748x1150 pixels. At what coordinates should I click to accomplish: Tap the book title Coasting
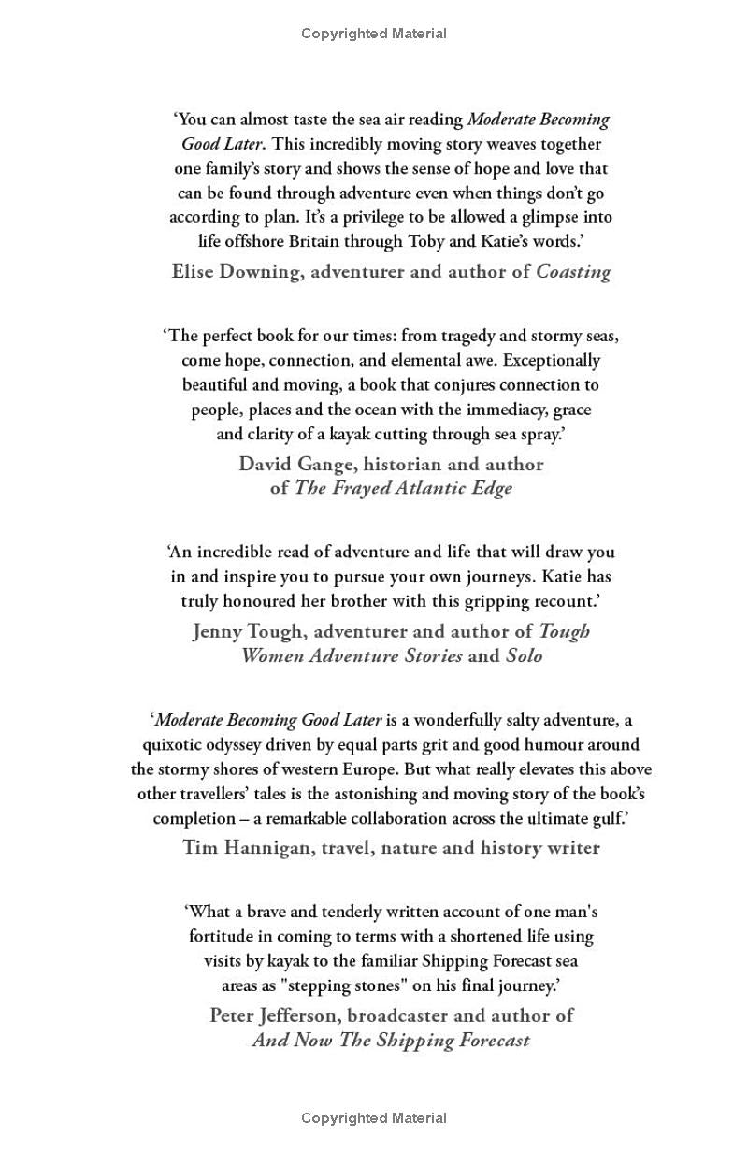573,272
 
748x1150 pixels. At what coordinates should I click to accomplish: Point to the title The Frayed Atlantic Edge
403,488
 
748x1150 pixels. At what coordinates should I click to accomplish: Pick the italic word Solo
524,655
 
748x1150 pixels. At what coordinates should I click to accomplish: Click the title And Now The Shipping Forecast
391,1040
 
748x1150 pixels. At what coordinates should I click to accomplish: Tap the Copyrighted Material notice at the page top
374,34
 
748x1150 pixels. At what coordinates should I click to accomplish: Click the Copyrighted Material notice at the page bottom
374,1117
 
